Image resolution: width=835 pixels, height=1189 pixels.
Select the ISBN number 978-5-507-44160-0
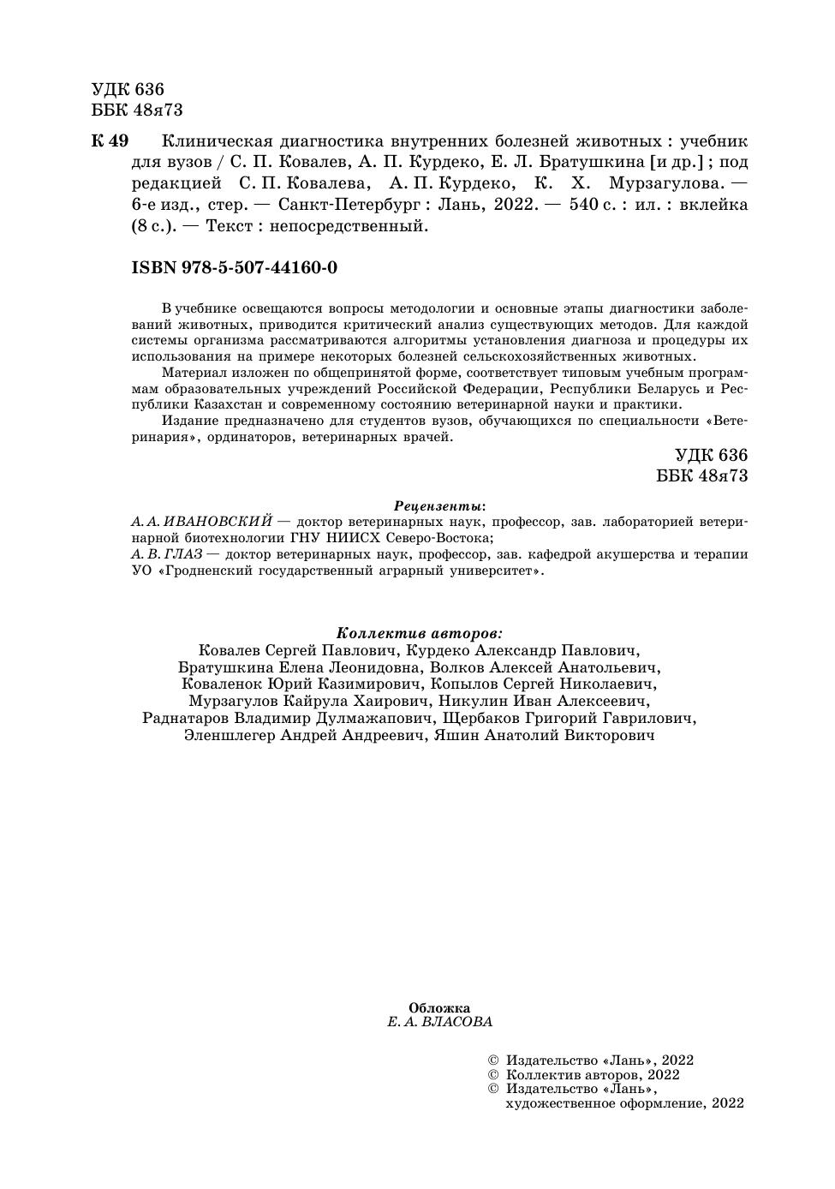pyautogui.click(x=259, y=268)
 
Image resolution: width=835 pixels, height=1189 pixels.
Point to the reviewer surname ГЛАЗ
pyautogui.click(x=183, y=554)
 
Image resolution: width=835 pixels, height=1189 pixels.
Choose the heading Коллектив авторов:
pyautogui.click(x=419, y=633)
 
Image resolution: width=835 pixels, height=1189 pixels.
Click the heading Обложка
pyautogui.click(x=439, y=1008)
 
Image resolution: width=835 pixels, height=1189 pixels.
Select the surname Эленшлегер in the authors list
pyautogui.click(x=229, y=736)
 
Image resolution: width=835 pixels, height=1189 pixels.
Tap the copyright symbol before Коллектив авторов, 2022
pyautogui.click(x=492, y=1074)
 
